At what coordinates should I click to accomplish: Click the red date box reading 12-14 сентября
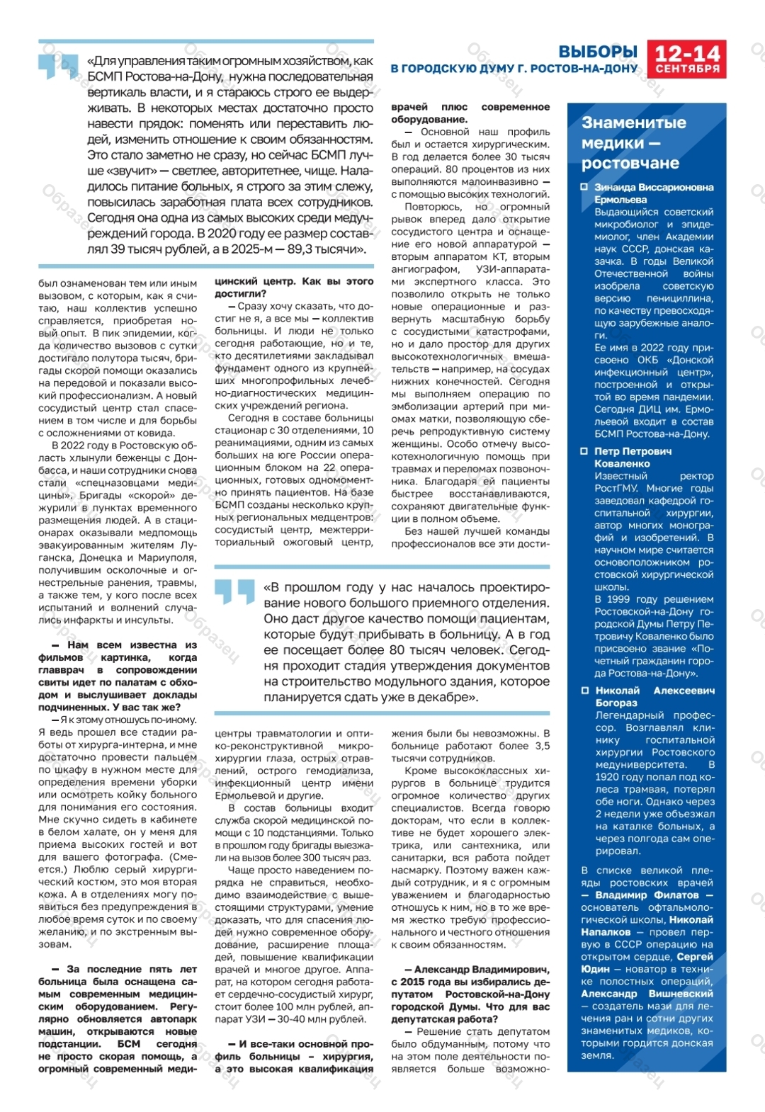tap(686, 59)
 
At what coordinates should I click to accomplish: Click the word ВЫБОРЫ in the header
tap(598, 52)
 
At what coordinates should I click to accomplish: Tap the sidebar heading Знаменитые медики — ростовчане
tap(633, 142)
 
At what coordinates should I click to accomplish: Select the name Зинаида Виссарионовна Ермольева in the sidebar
tap(653, 193)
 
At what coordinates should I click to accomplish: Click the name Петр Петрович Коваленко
tap(633, 457)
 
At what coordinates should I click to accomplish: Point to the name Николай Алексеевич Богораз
tap(654, 696)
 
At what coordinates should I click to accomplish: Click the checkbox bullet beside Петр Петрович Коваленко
tap(584, 451)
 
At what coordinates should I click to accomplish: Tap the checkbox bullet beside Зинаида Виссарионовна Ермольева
tap(584, 188)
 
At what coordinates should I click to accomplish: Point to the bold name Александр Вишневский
tap(647, 994)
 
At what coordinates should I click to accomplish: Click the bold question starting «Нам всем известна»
tap(118, 676)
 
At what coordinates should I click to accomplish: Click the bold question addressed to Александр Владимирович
tap(470, 994)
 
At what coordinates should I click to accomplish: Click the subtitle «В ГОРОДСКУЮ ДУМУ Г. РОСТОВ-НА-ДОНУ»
tap(514, 69)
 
